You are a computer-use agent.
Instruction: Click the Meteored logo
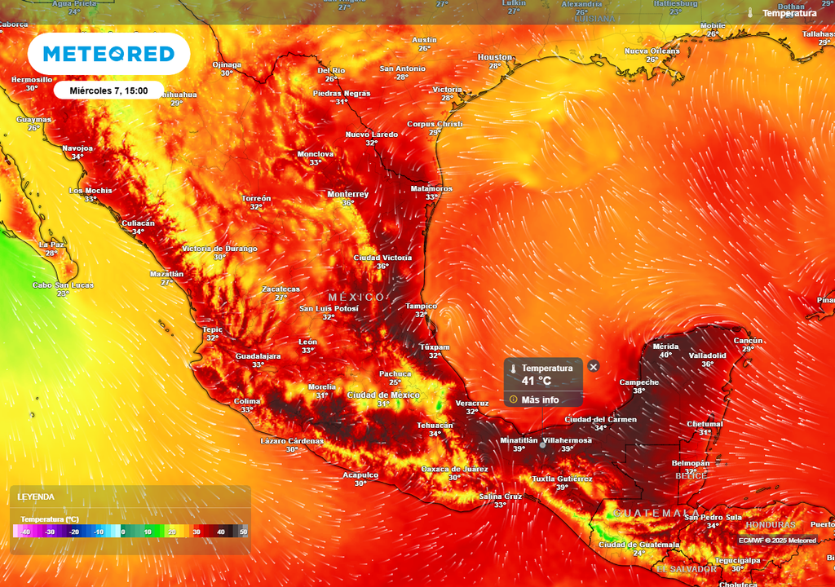[x=108, y=54]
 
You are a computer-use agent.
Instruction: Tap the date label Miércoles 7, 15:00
[x=108, y=90]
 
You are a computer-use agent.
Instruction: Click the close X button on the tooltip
[x=594, y=367]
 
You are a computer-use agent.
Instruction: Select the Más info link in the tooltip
[x=540, y=399]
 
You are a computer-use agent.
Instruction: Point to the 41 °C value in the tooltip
[x=537, y=381]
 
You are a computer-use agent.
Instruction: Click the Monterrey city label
[x=347, y=194]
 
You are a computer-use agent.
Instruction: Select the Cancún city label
[x=748, y=341]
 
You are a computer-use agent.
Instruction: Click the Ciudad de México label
[x=383, y=395]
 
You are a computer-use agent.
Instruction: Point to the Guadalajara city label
[x=258, y=356]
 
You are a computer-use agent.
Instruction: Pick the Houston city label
[x=494, y=57]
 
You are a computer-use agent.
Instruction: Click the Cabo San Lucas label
[x=63, y=285]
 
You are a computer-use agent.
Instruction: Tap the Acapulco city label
[x=360, y=474]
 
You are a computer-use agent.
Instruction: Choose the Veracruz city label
[x=471, y=403]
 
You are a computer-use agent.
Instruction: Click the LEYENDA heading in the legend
[x=36, y=497]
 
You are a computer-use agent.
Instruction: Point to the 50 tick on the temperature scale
[x=243, y=532]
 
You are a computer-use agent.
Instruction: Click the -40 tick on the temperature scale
[x=26, y=532]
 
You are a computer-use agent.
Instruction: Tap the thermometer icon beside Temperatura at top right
[x=749, y=13]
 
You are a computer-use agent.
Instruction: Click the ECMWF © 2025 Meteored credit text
[x=777, y=540]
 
